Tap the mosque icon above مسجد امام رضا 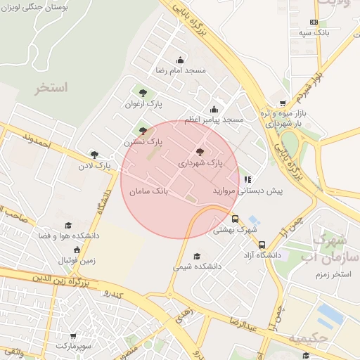click(x=180, y=60)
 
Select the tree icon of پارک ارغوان click(x=143, y=92)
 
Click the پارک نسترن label click(x=143, y=142)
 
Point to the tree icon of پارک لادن click(x=94, y=155)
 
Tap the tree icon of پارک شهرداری click(x=200, y=152)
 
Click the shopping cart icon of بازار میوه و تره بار click(x=283, y=103)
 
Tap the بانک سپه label click(x=313, y=33)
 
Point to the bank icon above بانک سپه click(x=314, y=22)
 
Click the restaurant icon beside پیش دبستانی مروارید click(x=247, y=179)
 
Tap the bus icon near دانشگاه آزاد click(x=262, y=245)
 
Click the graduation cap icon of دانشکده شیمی click(x=197, y=256)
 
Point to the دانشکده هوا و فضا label click(x=69, y=236)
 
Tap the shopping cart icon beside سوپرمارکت click(x=74, y=337)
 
